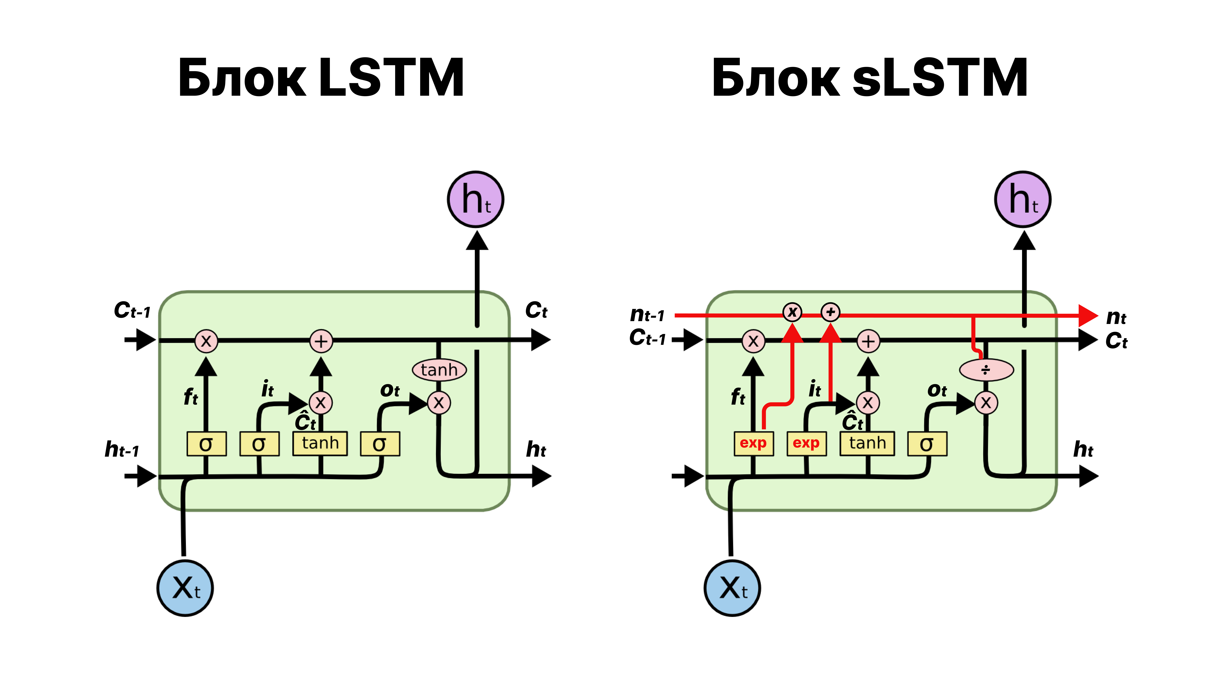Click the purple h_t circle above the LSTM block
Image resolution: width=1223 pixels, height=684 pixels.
coord(476,199)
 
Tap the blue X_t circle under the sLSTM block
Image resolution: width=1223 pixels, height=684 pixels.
coord(733,588)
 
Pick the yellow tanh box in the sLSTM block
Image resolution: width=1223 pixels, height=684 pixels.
coord(867,443)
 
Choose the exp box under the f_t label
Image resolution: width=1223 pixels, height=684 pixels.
coord(753,443)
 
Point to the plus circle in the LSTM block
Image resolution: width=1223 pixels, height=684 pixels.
coord(321,341)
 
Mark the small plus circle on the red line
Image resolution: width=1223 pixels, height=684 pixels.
coord(830,312)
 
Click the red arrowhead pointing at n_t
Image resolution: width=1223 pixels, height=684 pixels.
coord(1088,315)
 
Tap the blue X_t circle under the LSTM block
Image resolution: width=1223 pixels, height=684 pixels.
coord(185,588)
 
